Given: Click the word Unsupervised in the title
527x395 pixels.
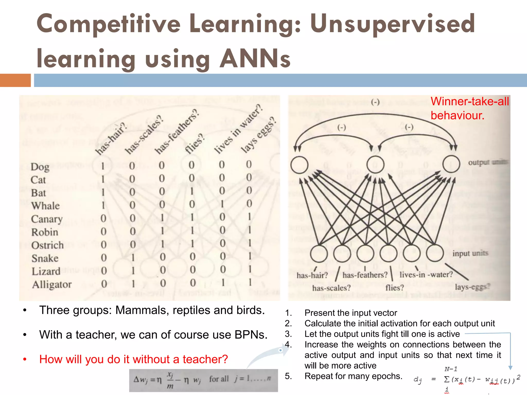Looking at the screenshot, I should coord(392,24).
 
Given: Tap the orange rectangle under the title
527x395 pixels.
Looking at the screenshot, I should coord(15,80).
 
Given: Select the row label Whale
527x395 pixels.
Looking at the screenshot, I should coord(45,206).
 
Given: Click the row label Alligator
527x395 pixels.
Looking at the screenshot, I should coord(52,284).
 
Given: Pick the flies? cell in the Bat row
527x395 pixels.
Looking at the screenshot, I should coord(192,191).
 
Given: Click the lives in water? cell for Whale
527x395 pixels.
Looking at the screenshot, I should coord(222,204).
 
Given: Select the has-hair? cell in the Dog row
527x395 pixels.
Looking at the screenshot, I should coord(103,166).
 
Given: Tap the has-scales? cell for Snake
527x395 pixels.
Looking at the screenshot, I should coord(133,257).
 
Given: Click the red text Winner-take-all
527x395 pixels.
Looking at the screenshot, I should coord(470,101).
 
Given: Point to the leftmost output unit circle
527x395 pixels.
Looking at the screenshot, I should coord(299,165).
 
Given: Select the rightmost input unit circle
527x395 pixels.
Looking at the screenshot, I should coord(435,253).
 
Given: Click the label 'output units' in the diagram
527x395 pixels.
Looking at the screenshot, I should coord(487,162).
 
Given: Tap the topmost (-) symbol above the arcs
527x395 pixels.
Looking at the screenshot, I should coord(375,102).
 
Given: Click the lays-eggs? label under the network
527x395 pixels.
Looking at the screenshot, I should coord(472,286).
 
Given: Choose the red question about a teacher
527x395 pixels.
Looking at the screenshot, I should coord(134,359).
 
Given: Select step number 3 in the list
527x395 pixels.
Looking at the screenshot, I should coord(288,334).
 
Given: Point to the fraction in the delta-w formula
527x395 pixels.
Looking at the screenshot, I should coord(170,380).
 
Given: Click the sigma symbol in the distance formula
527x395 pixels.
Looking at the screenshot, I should coord(447,379).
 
